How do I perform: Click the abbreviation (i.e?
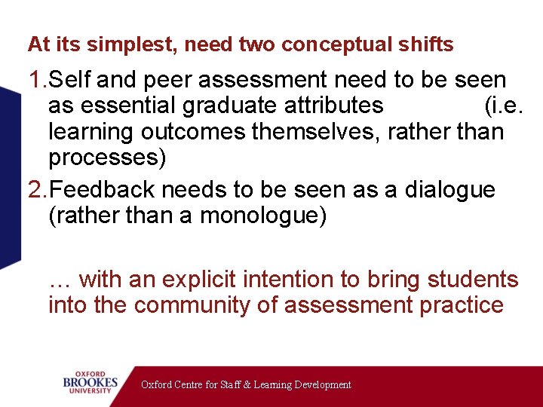[503, 106]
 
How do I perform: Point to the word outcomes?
[196, 133]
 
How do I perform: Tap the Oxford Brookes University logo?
[90, 382]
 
